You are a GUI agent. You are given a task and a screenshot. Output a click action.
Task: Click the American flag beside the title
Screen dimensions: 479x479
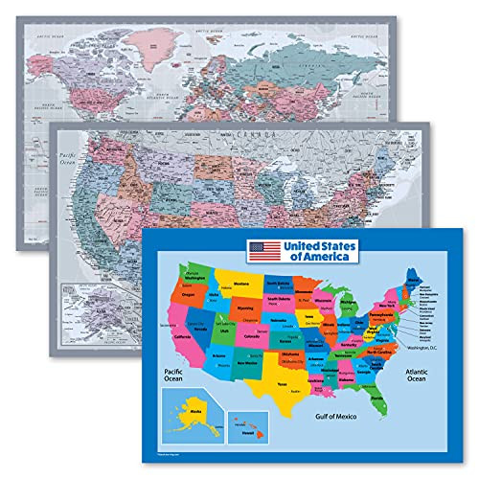click(265, 250)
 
